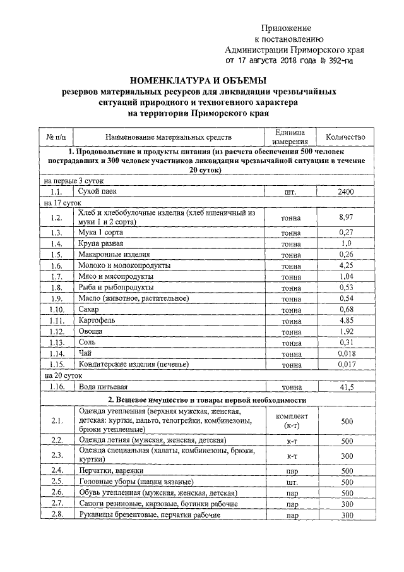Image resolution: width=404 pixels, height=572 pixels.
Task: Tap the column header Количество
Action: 345,137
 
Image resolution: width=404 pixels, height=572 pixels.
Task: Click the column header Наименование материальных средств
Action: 169,137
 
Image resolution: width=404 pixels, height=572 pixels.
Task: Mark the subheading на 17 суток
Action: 62,204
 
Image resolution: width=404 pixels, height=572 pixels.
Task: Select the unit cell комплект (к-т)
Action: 292,421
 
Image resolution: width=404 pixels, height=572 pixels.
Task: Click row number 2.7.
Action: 57,504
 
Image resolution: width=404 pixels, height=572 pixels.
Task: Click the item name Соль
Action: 86,343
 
